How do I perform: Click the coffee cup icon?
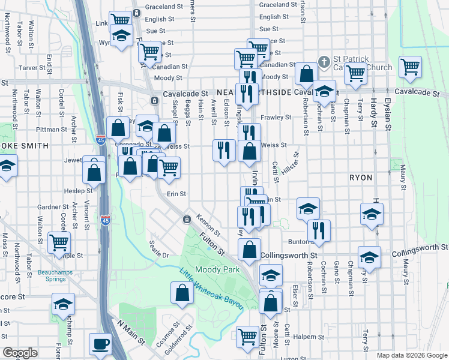(x=100, y=344)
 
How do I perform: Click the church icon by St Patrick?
(x=324, y=61)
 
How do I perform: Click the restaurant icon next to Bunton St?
(x=319, y=229)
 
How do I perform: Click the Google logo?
(x=20, y=352)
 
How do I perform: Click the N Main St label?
(x=131, y=334)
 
